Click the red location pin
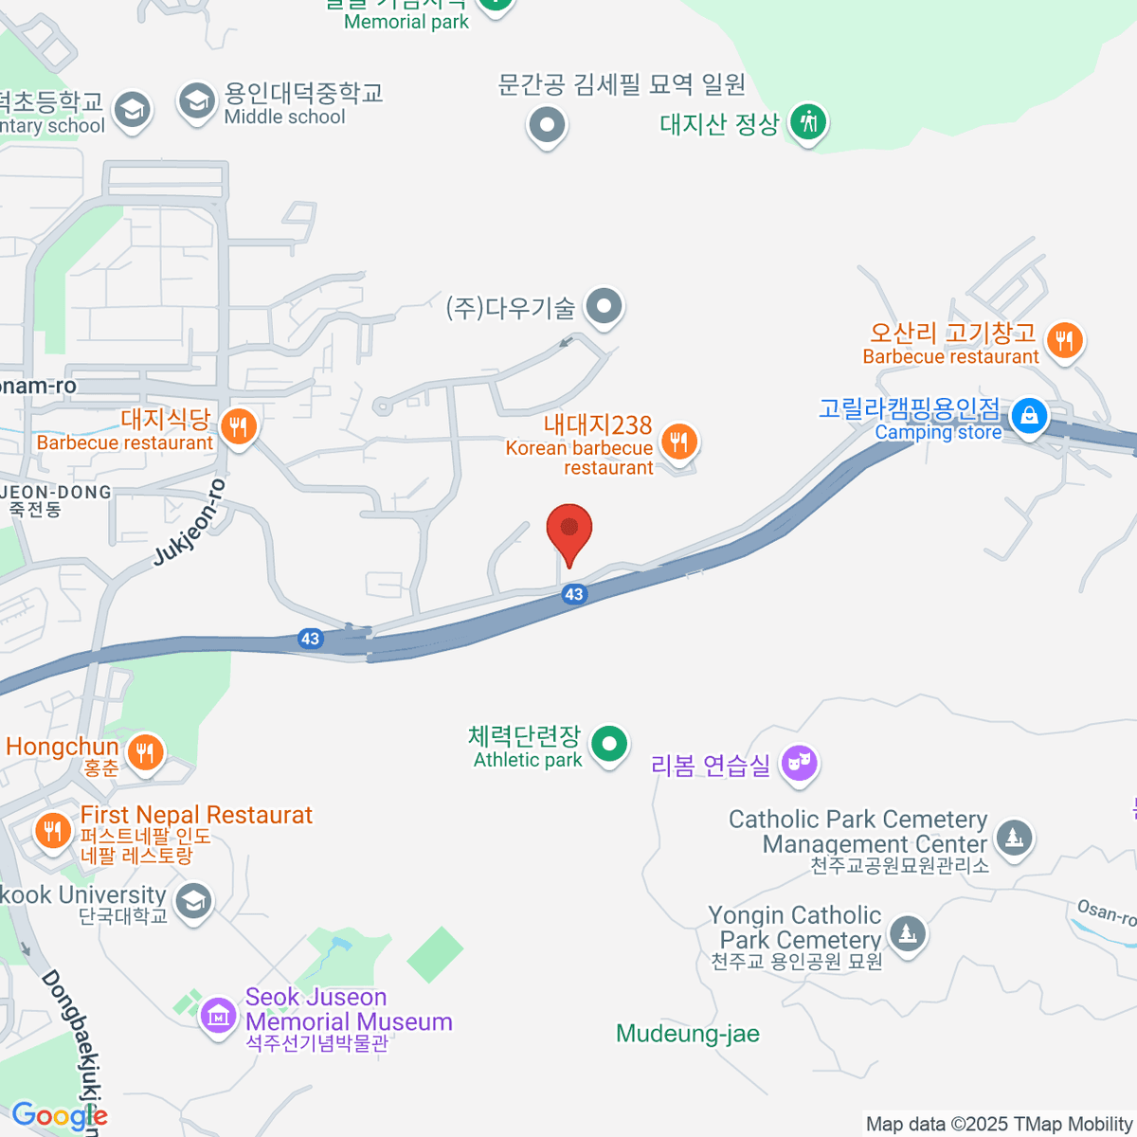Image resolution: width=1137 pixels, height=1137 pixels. pyautogui.click(x=569, y=530)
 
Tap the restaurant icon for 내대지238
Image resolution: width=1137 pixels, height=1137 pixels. pyautogui.click(x=678, y=441)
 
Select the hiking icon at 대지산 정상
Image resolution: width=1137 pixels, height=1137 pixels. pyautogui.click(x=808, y=122)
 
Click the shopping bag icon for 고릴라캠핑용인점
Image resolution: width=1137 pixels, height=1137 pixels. pyautogui.click(x=1028, y=416)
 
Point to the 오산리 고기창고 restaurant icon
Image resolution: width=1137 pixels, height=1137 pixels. pyautogui.click(x=1065, y=340)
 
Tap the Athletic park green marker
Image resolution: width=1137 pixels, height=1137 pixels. pyautogui.click(x=609, y=744)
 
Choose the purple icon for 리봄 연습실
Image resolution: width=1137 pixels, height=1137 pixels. pyautogui.click(x=799, y=763)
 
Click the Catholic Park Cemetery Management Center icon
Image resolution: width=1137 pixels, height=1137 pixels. pyautogui.click(x=1014, y=837)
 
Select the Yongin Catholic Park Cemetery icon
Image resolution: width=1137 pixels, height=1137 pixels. pyautogui.click(x=907, y=933)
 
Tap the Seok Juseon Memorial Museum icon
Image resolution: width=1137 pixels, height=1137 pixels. pyautogui.click(x=218, y=1017)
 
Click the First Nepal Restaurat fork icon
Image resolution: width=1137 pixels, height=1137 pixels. pyautogui.click(x=52, y=831)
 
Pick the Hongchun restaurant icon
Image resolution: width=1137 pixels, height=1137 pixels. pyautogui.click(x=145, y=753)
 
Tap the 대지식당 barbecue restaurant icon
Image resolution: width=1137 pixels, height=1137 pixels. pyautogui.click(x=238, y=427)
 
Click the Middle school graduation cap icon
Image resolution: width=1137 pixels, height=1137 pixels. pyautogui.click(x=197, y=100)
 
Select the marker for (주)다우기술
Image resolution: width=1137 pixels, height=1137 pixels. pyautogui.click(x=603, y=306)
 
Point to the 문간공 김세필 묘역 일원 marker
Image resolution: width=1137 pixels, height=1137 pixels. pyautogui.click(x=547, y=124)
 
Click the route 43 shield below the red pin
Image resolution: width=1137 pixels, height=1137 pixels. pyautogui.click(x=573, y=594)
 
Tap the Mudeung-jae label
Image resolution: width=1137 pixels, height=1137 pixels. pyautogui.click(x=688, y=1034)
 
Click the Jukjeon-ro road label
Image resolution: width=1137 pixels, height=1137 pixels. pyautogui.click(x=190, y=523)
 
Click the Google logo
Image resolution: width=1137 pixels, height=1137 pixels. pyautogui.click(x=59, y=1116)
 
